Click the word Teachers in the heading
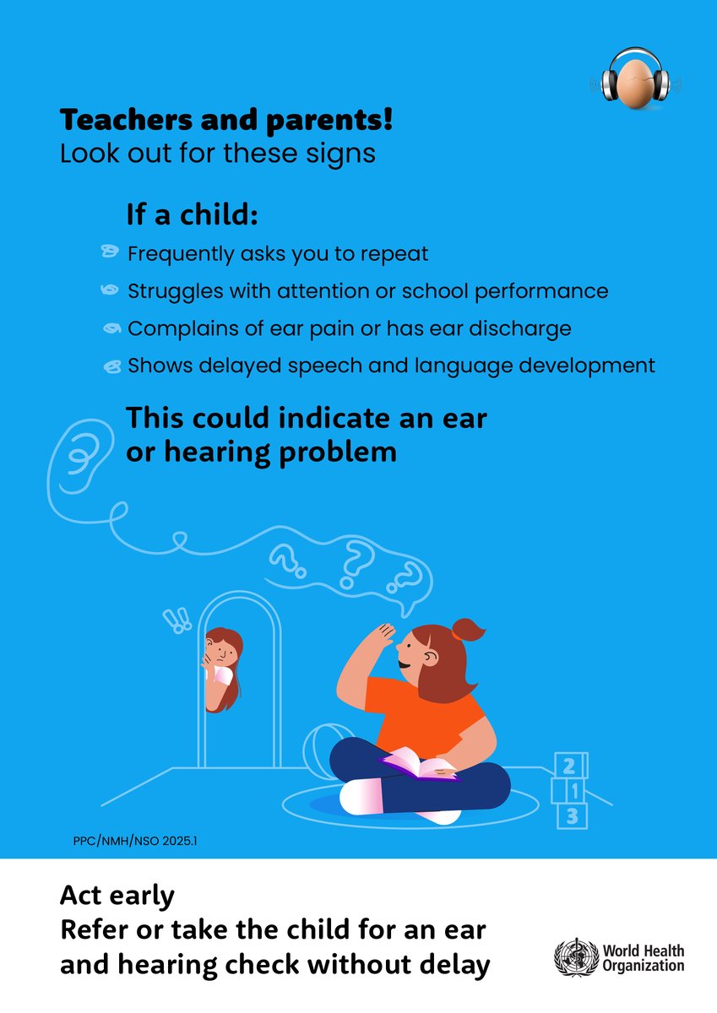(x=116, y=121)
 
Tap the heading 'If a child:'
(x=192, y=215)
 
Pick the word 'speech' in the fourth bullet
(x=334, y=366)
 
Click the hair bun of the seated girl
(x=467, y=630)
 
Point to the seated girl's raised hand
(x=384, y=636)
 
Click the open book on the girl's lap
(x=418, y=765)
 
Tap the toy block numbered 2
(x=570, y=767)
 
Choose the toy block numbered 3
(x=572, y=816)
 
